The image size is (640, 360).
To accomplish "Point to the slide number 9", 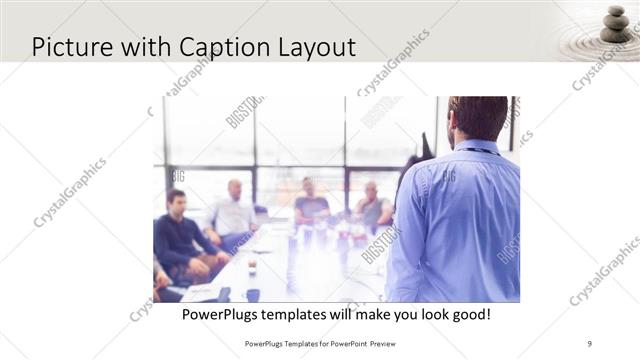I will pyautogui.click(x=590, y=343).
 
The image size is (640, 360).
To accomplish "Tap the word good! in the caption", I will pyautogui.click(x=470, y=315).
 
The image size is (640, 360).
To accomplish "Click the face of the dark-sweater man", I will pyautogui.click(x=177, y=202).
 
